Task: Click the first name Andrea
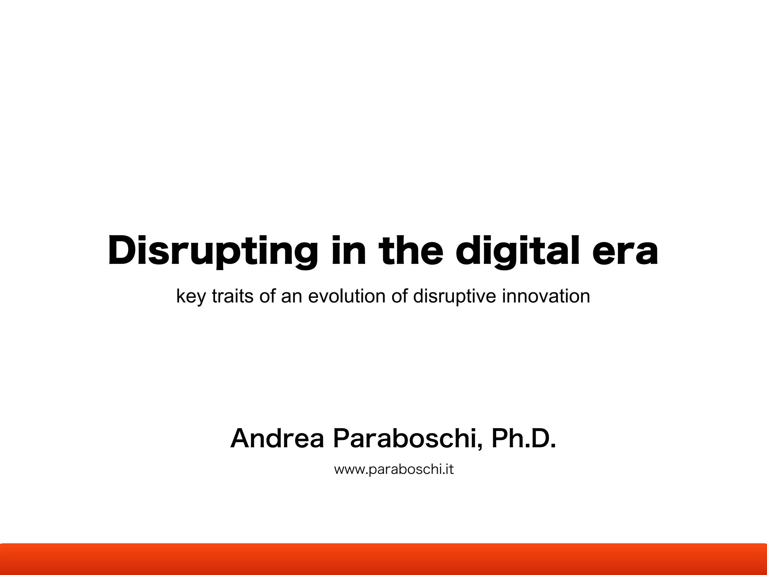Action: (x=277, y=439)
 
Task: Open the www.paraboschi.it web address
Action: (x=394, y=469)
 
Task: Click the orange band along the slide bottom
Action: (x=383, y=559)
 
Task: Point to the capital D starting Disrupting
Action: (x=122, y=250)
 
